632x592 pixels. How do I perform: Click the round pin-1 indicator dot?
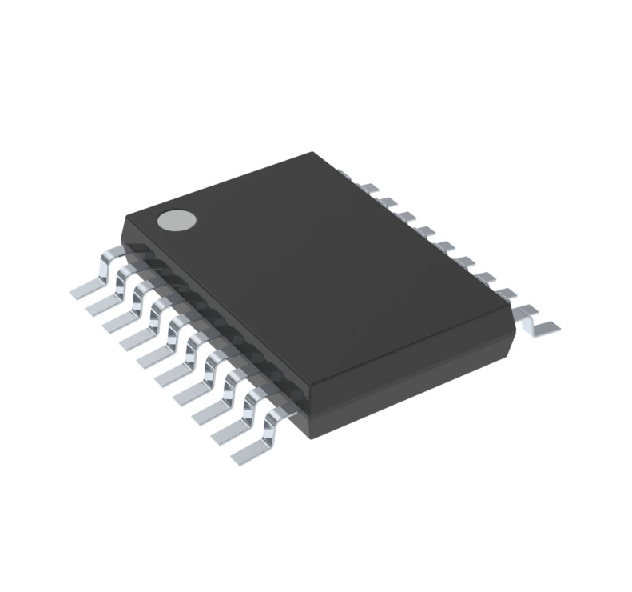tap(177, 220)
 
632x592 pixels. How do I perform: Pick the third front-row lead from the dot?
tap(121, 318)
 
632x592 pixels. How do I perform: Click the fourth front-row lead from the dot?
tap(138, 336)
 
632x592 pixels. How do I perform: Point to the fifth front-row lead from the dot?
tap(155, 354)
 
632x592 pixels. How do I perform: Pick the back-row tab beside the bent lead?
tap(505, 294)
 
